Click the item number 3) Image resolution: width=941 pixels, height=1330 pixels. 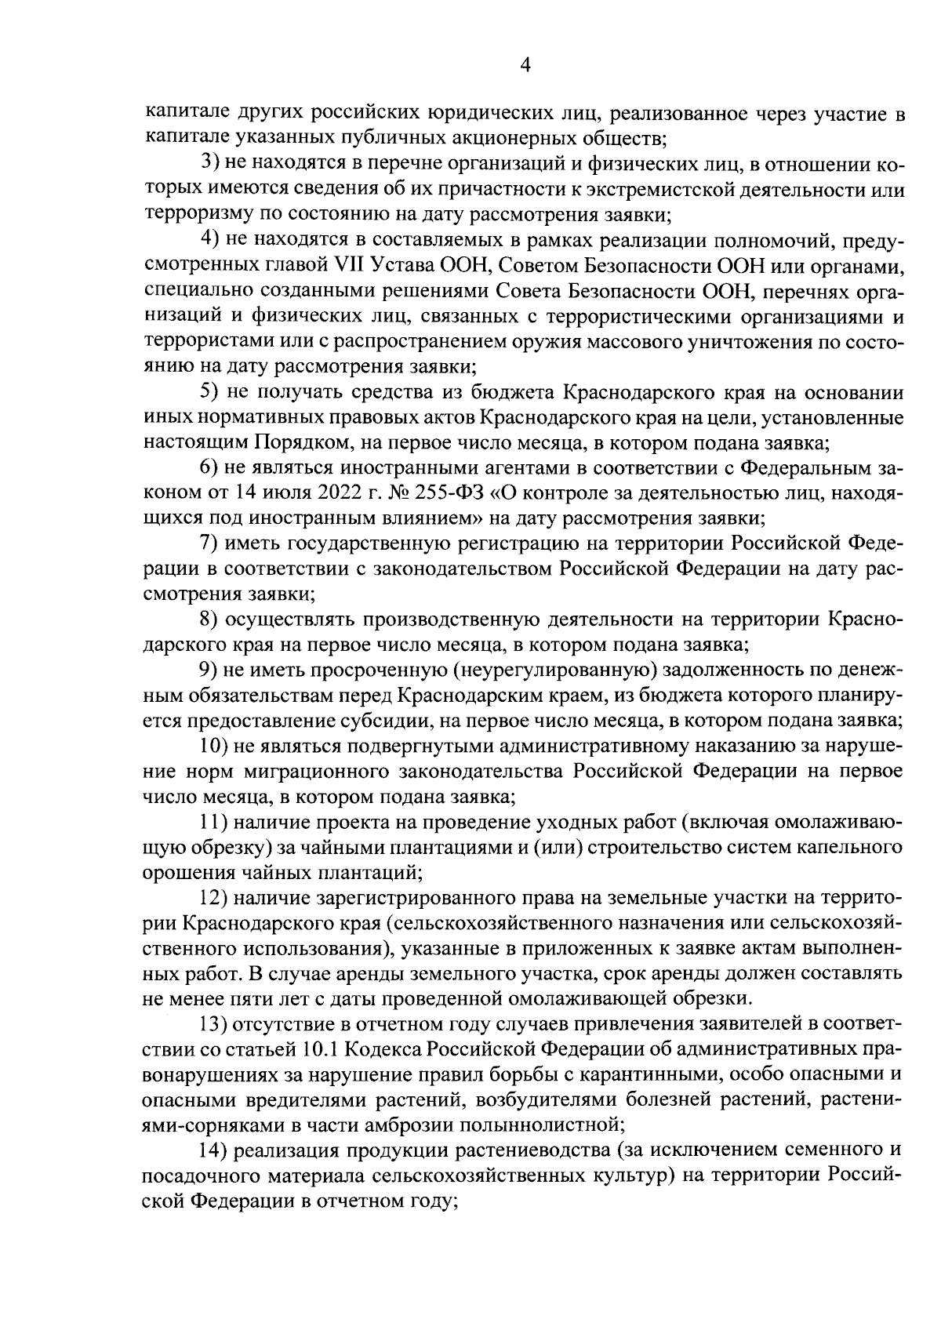pyautogui.click(x=210, y=165)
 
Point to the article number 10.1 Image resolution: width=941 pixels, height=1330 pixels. pyautogui.click(x=318, y=1049)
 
